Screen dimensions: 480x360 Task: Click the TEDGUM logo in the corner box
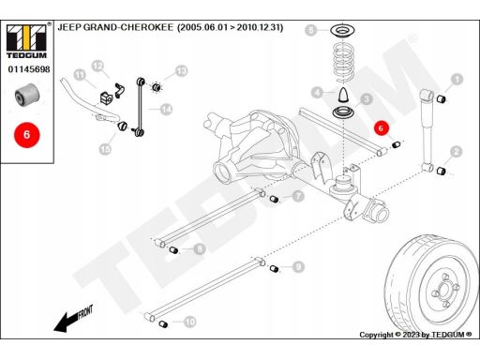[26, 41]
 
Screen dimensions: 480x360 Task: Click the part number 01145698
[29, 69]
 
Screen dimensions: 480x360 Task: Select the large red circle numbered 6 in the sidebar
[27, 135]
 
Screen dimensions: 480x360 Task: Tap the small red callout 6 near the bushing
[381, 128]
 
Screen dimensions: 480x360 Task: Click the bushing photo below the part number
[27, 95]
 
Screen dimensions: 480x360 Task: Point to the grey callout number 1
[457, 80]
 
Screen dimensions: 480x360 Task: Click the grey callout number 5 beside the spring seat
[311, 30]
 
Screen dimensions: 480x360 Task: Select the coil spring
[344, 64]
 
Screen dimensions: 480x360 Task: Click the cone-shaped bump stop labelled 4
[343, 95]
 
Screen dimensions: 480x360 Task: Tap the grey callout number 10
[190, 322]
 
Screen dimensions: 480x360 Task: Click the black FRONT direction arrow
[74, 318]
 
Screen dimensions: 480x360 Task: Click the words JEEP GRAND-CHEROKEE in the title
[115, 27]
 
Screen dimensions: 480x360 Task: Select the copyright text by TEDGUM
[415, 335]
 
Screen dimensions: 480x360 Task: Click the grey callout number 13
[182, 71]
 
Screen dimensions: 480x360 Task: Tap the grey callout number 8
[199, 249]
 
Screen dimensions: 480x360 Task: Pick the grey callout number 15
[105, 149]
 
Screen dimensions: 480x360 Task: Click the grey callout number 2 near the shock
[457, 152]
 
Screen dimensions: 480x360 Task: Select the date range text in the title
[231, 27]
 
